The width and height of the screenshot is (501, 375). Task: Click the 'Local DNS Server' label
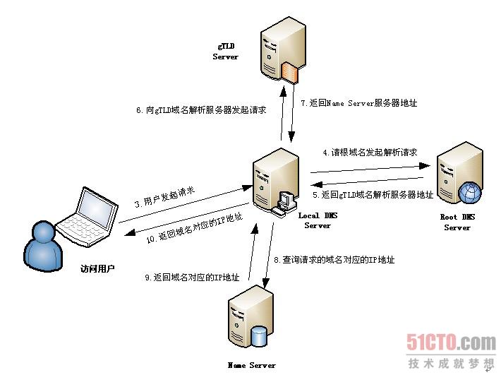click(317, 220)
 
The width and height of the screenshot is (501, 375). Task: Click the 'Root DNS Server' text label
click(457, 222)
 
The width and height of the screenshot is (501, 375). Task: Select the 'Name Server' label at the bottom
click(252, 366)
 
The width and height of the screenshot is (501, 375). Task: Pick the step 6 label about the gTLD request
click(200, 110)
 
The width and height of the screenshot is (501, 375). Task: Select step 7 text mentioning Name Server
click(358, 103)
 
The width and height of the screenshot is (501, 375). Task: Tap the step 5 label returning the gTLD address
click(372, 194)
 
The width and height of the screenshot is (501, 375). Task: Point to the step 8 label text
click(333, 259)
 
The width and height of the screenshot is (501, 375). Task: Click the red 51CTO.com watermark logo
click(451, 343)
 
